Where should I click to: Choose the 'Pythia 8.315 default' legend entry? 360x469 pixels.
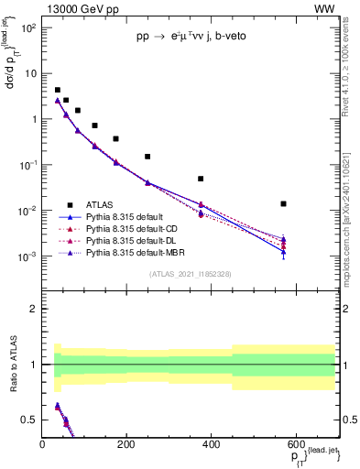click(125, 217)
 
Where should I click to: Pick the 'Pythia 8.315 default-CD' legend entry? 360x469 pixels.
click(132, 229)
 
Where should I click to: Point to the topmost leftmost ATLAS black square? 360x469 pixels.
click(57, 90)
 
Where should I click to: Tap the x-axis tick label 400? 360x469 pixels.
click(212, 444)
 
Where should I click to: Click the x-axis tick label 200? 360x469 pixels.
click(127, 444)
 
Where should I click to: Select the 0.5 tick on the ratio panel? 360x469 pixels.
click(31, 420)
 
